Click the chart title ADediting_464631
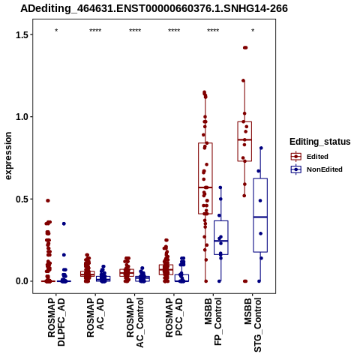tap(154, 9)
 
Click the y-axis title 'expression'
tap(8, 156)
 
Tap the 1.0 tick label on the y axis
tap(21, 117)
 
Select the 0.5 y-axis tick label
tap(21, 199)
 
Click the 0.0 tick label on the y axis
tap(21, 281)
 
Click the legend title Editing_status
tap(320, 142)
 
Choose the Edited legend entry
tap(309, 157)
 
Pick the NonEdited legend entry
tap(316, 169)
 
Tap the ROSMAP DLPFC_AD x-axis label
tap(56, 322)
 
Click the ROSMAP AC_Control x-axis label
tap(135, 322)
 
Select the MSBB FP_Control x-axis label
tap(213, 322)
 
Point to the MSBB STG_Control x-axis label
tap(253, 325)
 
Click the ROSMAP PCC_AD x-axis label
tap(174, 317)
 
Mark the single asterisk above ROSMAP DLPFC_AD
tap(56, 31)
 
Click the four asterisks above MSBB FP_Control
tap(213, 31)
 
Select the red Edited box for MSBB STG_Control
tap(244, 141)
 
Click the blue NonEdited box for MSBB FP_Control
tap(221, 238)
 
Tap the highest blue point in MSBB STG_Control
tap(261, 148)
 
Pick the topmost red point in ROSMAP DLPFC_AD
tap(48, 200)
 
